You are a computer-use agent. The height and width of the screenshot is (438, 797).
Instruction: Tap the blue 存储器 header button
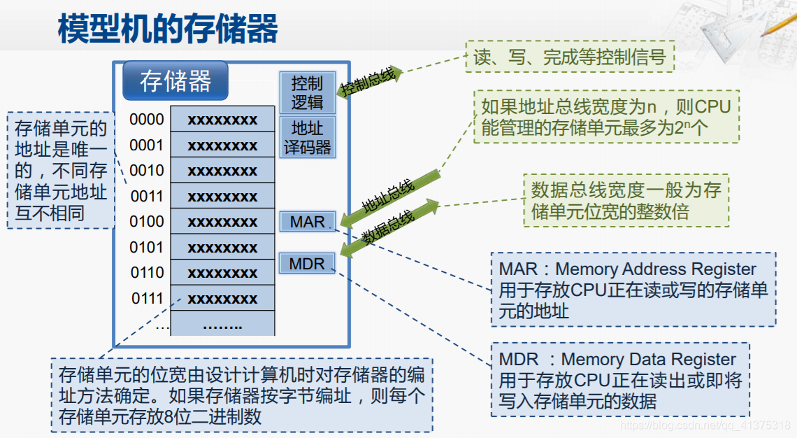pyautogui.click(x=175, y=81)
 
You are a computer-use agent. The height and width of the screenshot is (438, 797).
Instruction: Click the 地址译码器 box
pyautogui.click(x=307, y=138)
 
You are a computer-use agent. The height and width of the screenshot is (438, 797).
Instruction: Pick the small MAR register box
pyautogui.click(x=308, y=222)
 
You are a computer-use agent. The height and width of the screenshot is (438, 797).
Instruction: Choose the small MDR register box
pyautogui.click(x=307, y=264)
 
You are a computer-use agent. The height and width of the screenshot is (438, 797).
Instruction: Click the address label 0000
pyautogui.click(x=147, y=120)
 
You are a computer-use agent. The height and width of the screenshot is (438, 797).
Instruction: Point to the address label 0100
pyautogui.click(x=147, y=222)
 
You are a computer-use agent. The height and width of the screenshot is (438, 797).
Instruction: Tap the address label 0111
pyautogui.click(x=147, y=299)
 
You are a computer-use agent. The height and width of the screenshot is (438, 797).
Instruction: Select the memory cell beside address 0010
pyautogui.click(x=222, y=171)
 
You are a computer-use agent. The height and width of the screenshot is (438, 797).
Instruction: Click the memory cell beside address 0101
pyautogui.click(x=222, y=248)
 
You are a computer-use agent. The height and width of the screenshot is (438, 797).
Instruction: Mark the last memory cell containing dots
pyautogui.click(x=222, y=325)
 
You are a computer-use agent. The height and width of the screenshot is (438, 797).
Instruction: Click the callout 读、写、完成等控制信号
pyautogui.click(x=570, y=57)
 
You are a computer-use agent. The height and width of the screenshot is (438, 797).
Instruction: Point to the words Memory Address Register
pyautogui.click(x=656, y=269)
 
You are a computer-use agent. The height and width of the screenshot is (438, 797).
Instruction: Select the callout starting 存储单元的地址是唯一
pyautogui.click(x=61, y=171)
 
